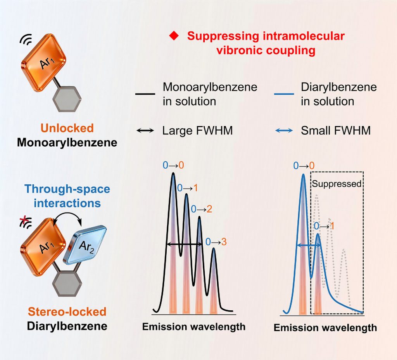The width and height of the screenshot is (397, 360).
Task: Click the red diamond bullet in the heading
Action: pos(174,36)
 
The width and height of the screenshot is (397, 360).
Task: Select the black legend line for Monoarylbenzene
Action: pos(145,94)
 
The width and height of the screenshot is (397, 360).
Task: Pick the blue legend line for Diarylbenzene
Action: pos(284,94)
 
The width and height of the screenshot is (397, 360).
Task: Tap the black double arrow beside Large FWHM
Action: pos(145,131)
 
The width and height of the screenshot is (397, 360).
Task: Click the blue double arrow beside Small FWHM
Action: pos(284,131)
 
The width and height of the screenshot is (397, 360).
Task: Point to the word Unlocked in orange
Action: pos(67,128)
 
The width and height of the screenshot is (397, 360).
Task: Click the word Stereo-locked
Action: pos(67,312)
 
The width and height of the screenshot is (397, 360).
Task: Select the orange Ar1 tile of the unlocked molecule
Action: pos(43,62)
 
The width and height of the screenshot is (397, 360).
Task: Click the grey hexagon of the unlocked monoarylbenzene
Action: pos(67,99)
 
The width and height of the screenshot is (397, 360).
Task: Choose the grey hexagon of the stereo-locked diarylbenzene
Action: pos(67,283)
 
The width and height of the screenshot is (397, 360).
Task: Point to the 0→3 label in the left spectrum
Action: pos(216,242)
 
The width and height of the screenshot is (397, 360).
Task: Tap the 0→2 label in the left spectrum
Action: pos(202,209)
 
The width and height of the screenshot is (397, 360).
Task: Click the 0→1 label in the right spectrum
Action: pos(324,226)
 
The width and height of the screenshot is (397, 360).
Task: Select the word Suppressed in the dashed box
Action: pos(337,183)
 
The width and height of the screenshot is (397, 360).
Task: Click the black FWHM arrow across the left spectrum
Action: pos(184,244)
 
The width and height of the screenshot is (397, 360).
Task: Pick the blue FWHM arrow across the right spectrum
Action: pos(309,245)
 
